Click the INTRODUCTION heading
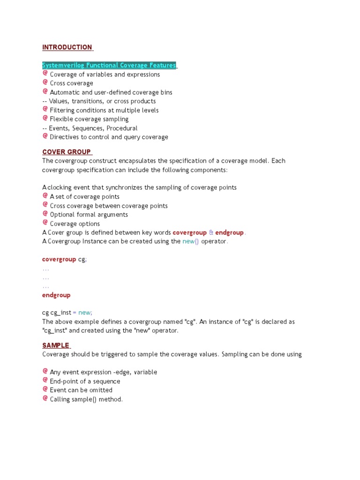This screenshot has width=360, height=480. coord(67,47)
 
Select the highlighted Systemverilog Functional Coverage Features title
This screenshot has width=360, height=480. coord(109,65)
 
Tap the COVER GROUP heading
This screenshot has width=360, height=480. coord(67,152)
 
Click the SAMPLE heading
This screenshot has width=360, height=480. coord(56,345)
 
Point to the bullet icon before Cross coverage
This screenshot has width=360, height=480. coord(45,82)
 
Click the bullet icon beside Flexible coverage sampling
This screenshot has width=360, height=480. coord(45,119)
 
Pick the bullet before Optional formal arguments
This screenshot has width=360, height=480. coord(45,214)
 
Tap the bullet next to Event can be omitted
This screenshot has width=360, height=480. coord(45,389)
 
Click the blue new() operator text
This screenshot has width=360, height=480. coord(191,241)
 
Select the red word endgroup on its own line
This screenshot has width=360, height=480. coord(56,295)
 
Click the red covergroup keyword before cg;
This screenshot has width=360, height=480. coord(59,259)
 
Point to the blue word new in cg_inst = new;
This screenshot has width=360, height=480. coord(84,313)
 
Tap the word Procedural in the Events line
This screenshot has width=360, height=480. coord(122,128)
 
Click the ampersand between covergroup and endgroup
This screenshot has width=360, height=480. coord(211,232)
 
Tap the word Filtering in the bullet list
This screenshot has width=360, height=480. coord(63,110)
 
